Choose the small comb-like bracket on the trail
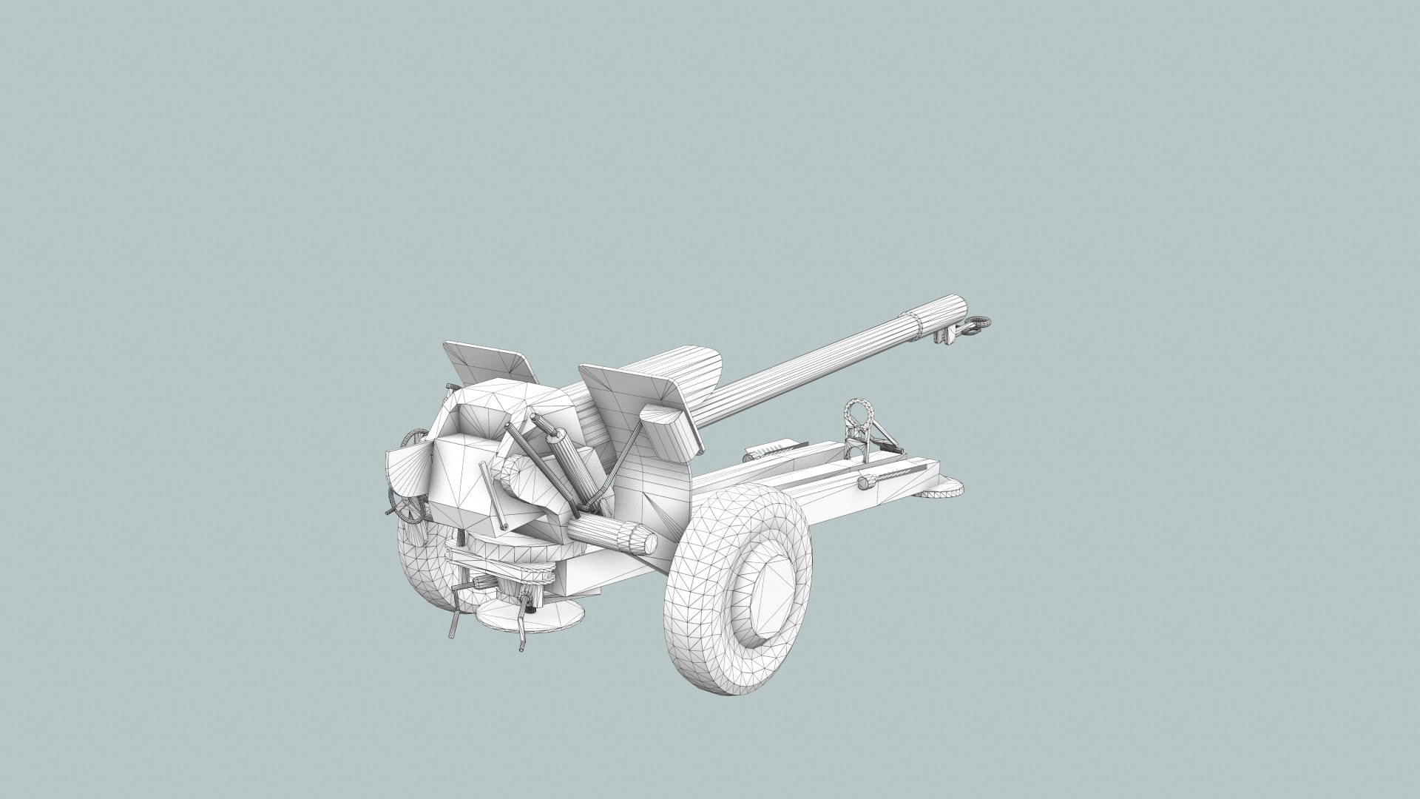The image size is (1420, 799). pos(769,449)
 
